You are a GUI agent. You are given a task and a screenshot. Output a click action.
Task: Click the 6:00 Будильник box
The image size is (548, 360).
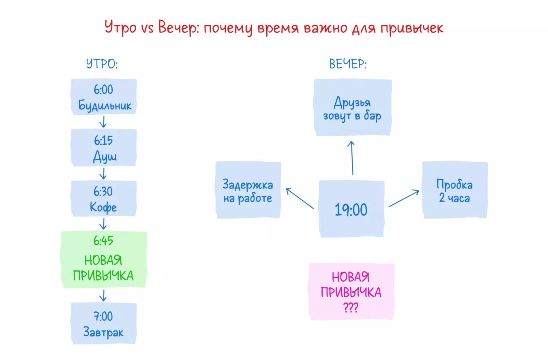[x=104, y=97]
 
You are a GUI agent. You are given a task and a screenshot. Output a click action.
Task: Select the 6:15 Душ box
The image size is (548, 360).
[x=104, y=148]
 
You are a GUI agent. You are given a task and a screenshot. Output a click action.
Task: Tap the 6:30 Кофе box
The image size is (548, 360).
[x=104, y=199]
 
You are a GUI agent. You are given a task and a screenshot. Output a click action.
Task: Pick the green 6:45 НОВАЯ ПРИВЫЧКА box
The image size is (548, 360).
[x=103, y=259]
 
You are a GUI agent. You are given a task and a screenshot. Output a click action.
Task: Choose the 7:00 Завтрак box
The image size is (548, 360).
[x=104, y=324]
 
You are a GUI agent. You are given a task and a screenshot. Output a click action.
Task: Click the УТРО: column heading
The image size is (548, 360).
[x=102, y=64]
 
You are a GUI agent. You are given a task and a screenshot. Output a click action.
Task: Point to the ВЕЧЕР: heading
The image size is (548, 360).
[x=348, y=64]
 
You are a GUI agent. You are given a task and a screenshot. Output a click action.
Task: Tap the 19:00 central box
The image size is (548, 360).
[x=351, y=209]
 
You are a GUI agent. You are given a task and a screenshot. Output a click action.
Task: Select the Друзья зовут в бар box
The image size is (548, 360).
[x=352, y=108]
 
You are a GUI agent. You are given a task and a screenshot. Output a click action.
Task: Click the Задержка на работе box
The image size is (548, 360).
[x=248, y=191]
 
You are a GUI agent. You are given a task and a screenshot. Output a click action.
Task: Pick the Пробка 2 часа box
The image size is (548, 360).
[x=455, y=191]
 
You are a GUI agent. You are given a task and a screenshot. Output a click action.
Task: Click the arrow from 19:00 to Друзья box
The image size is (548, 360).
[x=352, y=158]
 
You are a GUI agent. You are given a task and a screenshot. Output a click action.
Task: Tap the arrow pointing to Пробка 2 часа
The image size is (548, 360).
[x=404, y=198]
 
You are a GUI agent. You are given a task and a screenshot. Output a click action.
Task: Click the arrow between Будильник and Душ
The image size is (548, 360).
[x=103, y=122]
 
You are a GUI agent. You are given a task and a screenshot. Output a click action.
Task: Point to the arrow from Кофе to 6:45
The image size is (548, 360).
[x=103, y=223]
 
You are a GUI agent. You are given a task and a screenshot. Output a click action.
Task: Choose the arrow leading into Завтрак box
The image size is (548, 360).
[x=103, y=295]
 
